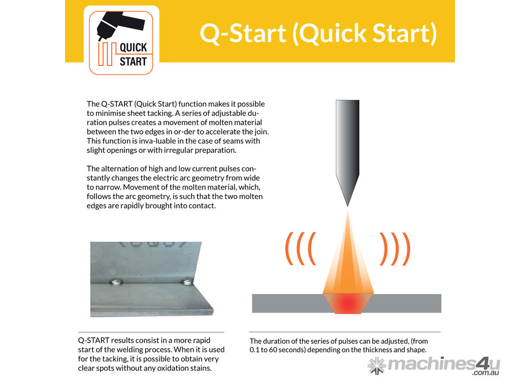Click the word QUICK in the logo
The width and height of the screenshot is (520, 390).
point(134,48)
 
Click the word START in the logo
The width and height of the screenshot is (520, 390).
point(134,61)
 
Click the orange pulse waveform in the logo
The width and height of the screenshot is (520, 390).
point(107,54)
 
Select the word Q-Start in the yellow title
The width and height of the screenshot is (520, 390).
point(243,33)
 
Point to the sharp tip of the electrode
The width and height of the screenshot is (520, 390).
point(347,206)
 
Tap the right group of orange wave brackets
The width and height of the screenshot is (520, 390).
point(395,248)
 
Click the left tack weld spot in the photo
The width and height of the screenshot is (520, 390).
point(117,282)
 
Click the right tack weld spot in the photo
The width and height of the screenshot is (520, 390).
point(188,282)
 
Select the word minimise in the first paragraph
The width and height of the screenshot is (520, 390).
point(110,113)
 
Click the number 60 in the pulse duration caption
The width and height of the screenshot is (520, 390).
point(273,350)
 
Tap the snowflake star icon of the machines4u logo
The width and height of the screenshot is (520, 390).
point(377,366)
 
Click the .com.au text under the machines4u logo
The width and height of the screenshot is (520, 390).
point(486,373)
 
